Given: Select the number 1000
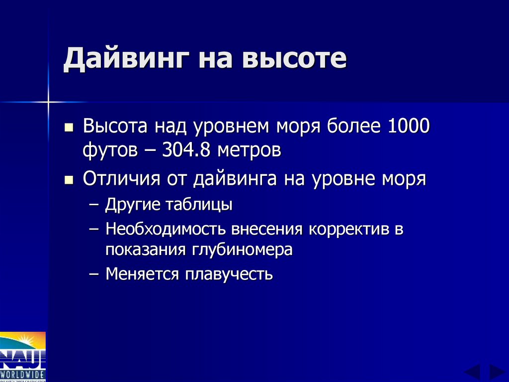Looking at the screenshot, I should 405,127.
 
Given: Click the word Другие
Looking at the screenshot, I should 132,205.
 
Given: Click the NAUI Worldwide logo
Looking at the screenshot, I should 23,357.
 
